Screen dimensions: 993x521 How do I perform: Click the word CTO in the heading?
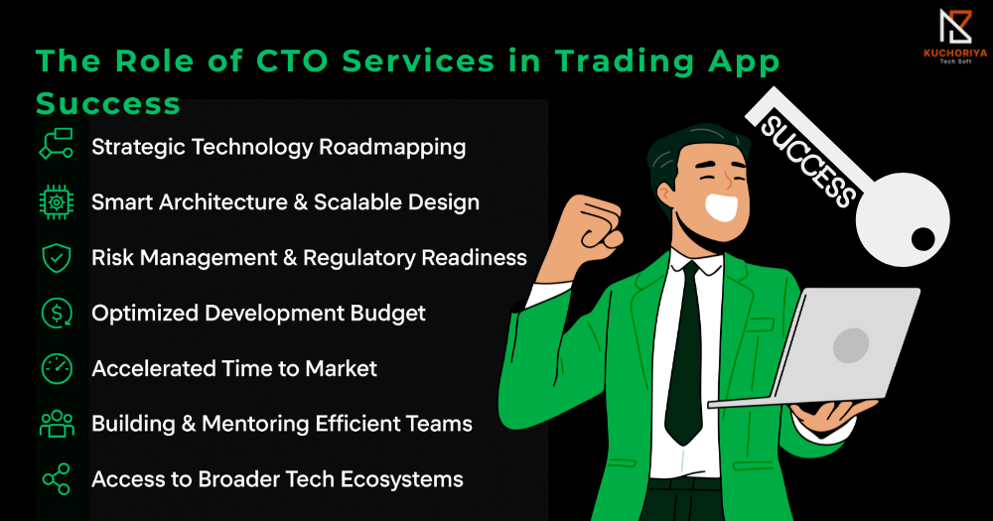coord(292,62)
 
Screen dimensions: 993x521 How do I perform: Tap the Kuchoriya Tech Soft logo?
coord(955,36)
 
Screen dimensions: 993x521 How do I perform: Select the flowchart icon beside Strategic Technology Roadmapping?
coord(57,143)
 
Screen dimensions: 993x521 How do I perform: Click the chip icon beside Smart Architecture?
coord(57,201)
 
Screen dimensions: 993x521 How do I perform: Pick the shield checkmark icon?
coord(57,258)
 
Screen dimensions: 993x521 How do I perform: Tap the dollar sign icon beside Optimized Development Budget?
coord(57,313)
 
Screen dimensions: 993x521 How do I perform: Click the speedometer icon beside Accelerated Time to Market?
coord(57,368)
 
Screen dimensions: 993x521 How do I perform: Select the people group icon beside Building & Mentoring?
coord(57,424)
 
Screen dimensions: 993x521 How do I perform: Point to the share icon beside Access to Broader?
coord(57,479)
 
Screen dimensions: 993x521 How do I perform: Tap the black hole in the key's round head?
coord(922,239)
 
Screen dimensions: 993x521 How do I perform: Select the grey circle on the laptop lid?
coord(851,345)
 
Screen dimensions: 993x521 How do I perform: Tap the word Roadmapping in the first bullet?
coord(392,148)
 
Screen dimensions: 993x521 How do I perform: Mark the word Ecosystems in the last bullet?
coord(401,480)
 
